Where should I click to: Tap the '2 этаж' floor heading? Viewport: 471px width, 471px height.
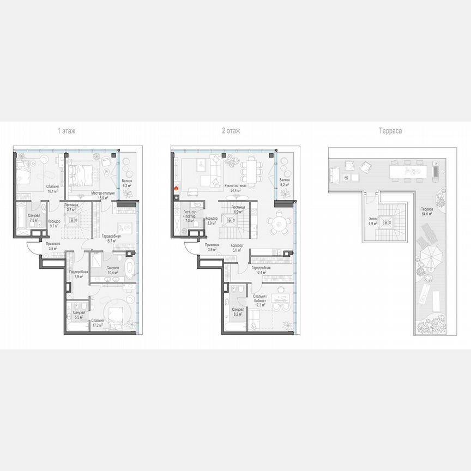coord(231,131)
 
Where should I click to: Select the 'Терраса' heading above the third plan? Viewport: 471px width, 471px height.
coord(390,131)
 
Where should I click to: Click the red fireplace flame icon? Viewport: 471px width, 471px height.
coord(176,189)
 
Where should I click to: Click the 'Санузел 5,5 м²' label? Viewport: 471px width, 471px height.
coord(78,315)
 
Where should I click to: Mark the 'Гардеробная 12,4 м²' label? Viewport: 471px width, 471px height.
coord(261,270)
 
